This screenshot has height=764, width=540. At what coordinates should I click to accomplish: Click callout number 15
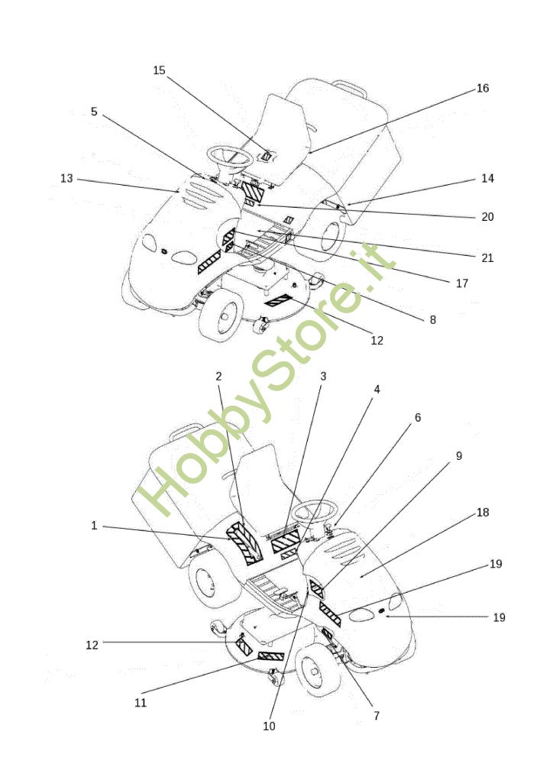[159, 70]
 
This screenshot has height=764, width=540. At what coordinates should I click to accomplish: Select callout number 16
[483, 88]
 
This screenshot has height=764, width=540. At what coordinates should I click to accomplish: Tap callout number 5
[94, 112]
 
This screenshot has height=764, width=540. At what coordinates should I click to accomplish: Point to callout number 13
[66, 178]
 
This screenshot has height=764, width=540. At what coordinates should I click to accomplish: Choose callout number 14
[487, 178]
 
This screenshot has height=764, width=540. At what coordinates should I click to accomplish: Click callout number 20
[487, 217]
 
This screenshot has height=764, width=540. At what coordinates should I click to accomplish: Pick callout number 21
[487, 257]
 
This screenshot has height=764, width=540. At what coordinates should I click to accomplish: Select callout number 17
[462, 283]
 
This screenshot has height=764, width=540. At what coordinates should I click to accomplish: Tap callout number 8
[433, 320]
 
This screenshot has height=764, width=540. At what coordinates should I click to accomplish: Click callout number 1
[94, 526]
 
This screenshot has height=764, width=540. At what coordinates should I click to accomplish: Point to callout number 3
[323, 376]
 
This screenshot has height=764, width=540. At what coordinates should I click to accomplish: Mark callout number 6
[418, 418]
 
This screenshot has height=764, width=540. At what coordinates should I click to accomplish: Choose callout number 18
[483, 512]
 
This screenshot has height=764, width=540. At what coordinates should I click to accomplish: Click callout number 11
[141, 703]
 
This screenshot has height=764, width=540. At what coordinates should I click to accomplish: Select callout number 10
[269, 726]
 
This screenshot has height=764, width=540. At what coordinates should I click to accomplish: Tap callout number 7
[377, 716]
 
